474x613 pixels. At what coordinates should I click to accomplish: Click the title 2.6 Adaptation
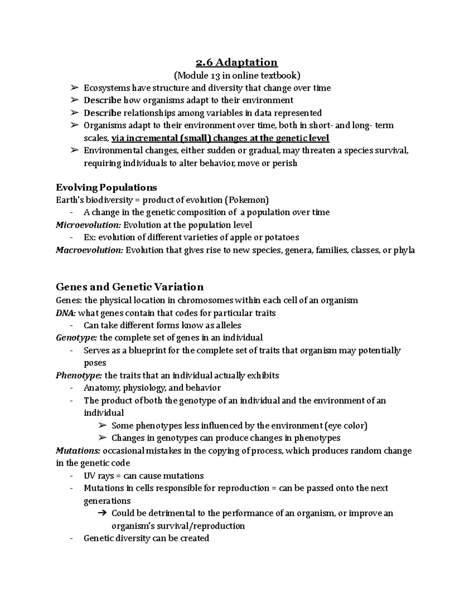(x=237, y=62)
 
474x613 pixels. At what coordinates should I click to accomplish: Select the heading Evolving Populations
(x=106, y=187)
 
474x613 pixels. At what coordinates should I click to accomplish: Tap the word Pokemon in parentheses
(x=246, y=200)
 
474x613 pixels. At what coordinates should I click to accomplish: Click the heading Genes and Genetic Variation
(x=130, y=287)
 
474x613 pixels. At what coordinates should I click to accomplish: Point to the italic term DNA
(x=66, y=313)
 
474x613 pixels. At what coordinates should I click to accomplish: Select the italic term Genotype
(x=77, y=338)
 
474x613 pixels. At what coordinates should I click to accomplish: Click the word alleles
(x=227, y=326)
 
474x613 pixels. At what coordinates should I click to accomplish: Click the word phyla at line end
(x=404, y=250)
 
